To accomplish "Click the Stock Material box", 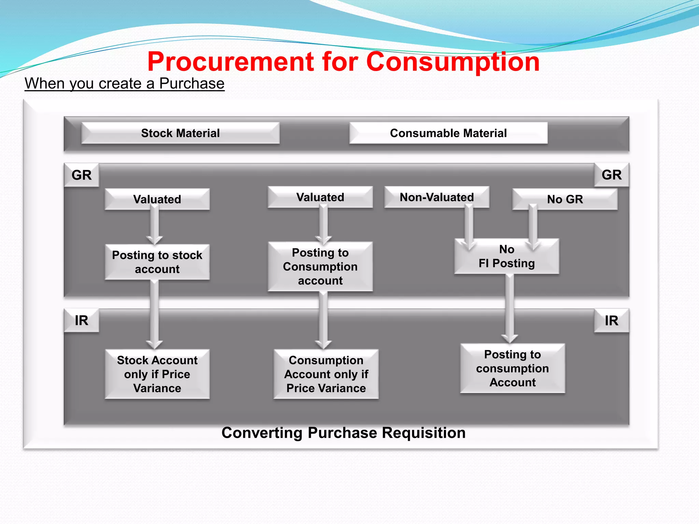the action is click(180, 133).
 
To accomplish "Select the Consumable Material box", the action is click(448, 133).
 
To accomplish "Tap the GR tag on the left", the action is click(82, 175).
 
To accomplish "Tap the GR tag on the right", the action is click(612, 175).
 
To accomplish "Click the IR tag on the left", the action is click(82, 320).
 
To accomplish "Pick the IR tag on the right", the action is click(612, 320).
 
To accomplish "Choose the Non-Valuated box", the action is click(437, 197).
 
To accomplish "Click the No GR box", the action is click(565, 199).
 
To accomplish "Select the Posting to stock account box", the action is click(157, 262).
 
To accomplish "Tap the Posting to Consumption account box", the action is click(320, 266).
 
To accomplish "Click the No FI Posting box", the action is click(507, 256).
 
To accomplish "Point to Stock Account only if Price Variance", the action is click(157, 374).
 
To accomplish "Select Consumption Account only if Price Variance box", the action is click(326, 374).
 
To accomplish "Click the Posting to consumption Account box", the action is click(512, 368).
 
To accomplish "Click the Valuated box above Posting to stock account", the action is click(157, 199).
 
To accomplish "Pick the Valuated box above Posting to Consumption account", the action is click(320, 197).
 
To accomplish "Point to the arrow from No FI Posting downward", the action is click(510, 309).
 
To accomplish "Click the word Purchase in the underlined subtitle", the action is click(192, 83).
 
